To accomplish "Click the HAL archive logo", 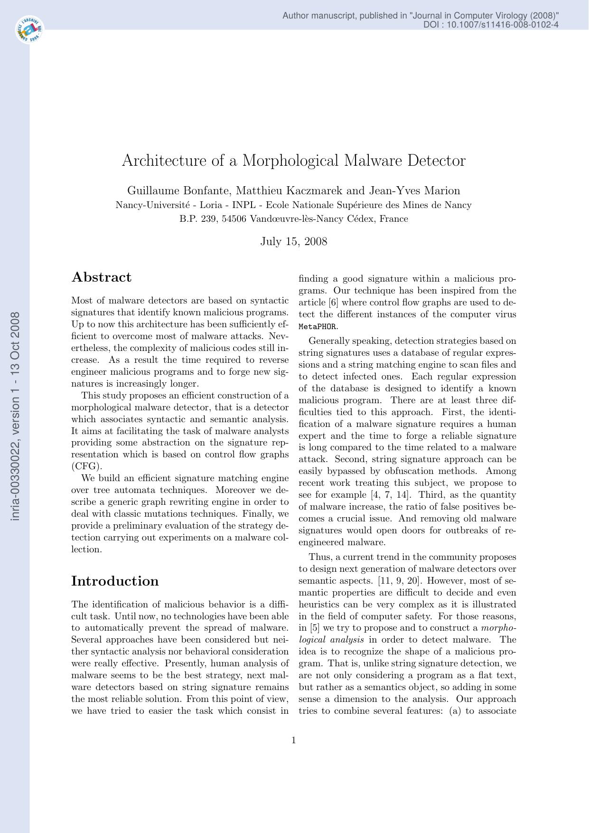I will [x=29, y=30].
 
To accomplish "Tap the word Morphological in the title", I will [x=291, y=161].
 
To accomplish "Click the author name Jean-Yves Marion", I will [x=414, y=191].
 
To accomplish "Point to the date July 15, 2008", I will [x=293, y=241].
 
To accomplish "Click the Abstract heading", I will [x=102, y=277].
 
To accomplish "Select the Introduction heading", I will [x=115, y=581].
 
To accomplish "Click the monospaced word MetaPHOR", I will [x=318, y=327].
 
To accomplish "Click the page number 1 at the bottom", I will [x=293, y=740].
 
